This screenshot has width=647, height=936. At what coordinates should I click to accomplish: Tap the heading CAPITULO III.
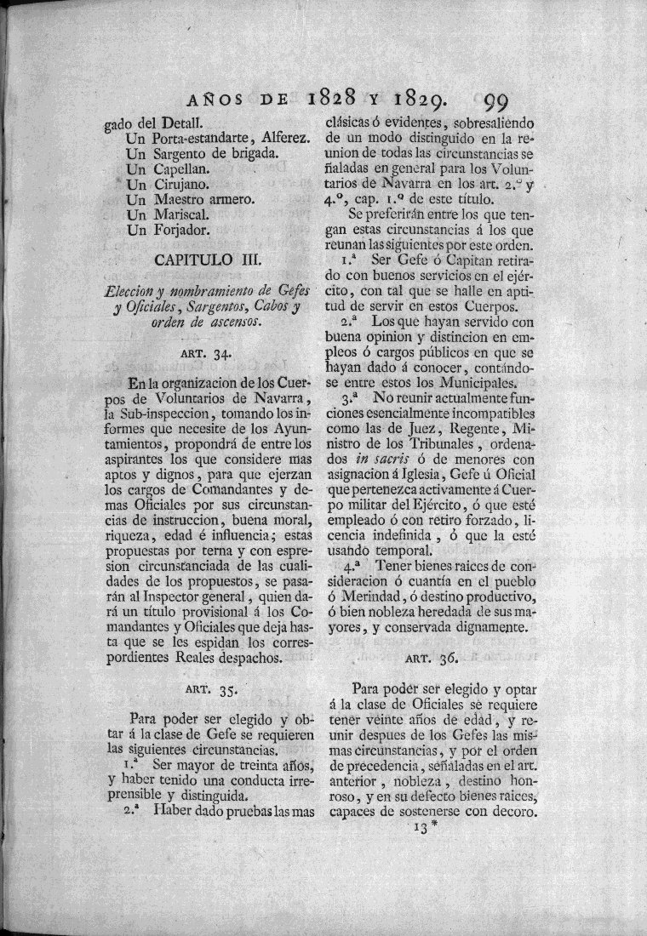pyautogui.click(x=215, y=258)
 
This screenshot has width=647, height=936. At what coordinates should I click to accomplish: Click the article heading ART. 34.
pyautogui.click(x=215, y=353)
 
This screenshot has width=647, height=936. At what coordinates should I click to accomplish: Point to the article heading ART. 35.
pyautogui.click(x=215, y=686)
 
